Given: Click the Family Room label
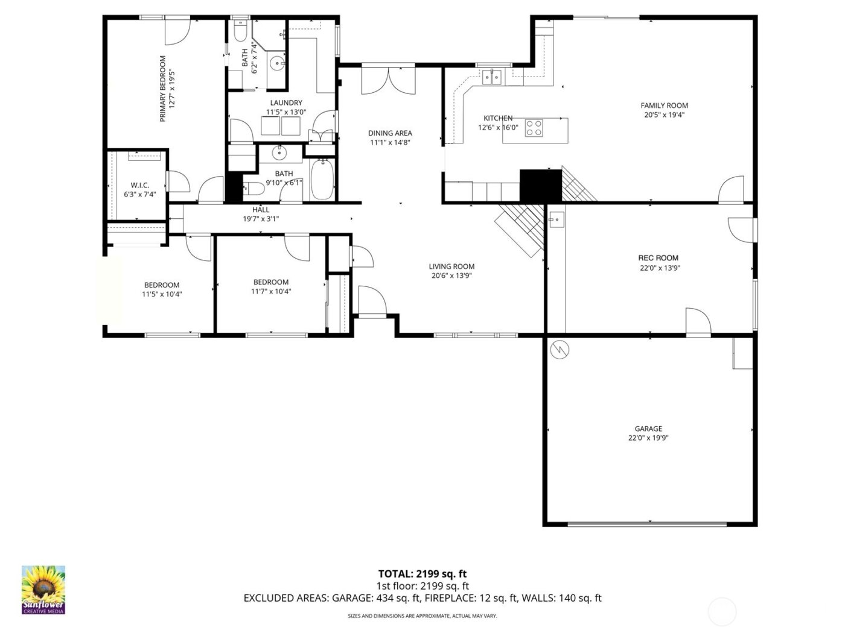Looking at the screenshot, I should click(664, 105).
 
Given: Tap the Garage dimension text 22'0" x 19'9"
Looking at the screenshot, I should click(648, 438).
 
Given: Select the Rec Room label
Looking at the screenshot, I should click(658, 258).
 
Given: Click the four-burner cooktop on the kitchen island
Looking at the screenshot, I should click(533, 128).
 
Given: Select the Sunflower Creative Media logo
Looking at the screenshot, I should click(43, 590).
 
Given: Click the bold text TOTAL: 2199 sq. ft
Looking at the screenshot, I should click(422, 574).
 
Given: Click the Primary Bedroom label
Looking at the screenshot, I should click(162, 89).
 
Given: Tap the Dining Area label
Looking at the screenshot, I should click(390, 133).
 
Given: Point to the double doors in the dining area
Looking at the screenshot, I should click(388, 81).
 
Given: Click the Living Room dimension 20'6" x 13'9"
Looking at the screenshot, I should click(451, 276).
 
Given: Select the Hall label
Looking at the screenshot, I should click(261, 210).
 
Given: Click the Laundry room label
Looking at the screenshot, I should click(286, 103).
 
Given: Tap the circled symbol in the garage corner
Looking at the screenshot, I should click(561, 349).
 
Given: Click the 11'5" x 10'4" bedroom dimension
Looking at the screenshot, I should click(162, 294).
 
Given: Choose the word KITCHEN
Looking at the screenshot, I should click(498, 118).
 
